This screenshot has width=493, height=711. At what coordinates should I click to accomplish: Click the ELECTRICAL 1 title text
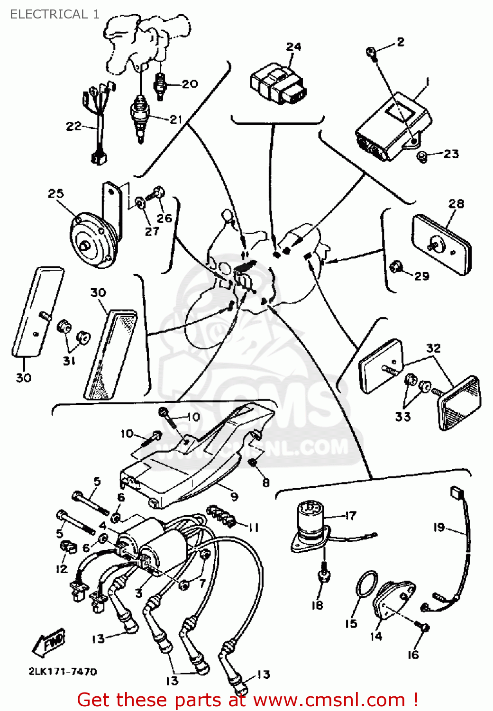(x=55, y=14)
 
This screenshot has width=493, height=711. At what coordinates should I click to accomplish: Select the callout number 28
(x=456, y=204)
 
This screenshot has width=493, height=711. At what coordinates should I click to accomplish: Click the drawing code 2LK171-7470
(x=63, y=672)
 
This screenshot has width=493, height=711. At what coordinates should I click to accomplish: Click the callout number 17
(x=350, y=515)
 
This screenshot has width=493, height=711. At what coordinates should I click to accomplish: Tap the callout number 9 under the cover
(x=234, y=497)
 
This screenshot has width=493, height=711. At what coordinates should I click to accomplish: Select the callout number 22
(x=73, y=126)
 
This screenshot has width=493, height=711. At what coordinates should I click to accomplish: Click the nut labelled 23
(x=421, y=155)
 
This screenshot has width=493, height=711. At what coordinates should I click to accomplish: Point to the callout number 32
(x=433, y=348)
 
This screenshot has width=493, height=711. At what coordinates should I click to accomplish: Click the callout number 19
(x=438, y=527)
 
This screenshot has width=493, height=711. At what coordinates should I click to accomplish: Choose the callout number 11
(x=254, y=528)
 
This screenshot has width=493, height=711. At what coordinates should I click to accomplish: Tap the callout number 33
(x=402, y=417)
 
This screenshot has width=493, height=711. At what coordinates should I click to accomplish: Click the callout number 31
(x=69, y=361)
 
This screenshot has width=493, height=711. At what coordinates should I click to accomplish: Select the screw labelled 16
(x=423, y=628)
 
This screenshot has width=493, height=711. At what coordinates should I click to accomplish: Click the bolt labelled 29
(x=396, y=268)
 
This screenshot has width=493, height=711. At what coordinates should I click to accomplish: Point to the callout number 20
(x=190, y=84)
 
